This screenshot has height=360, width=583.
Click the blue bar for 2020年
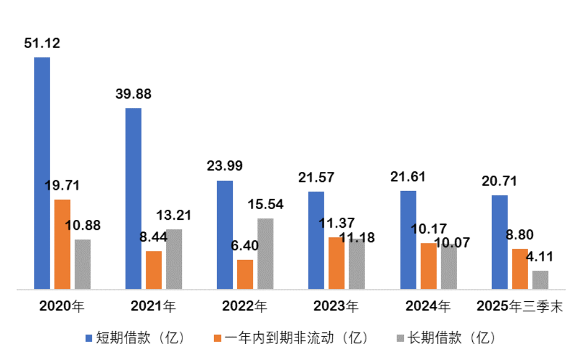click(42, 173)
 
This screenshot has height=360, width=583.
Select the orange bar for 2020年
click(62, 244)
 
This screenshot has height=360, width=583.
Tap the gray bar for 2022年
click(266, 254)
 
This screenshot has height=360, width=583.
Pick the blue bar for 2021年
click(133, 198)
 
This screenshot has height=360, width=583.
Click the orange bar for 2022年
click(245, 274)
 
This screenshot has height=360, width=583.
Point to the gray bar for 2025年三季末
click(540, 280)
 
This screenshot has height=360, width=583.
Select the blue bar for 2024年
click(408, 240)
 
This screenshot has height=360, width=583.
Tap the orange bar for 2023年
click(337, 263)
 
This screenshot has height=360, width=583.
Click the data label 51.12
click(42, 44)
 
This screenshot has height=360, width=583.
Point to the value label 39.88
click(133, 94)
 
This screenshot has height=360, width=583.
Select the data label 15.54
click(266, 205)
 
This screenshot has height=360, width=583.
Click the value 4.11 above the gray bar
click(540, 256)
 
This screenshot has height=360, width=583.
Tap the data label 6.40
click(245, 246)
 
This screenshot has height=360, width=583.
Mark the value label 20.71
click(499, 181)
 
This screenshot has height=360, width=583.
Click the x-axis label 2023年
click(336, 307)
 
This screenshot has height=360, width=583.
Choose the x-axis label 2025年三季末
click(520, 307)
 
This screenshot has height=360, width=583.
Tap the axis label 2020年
click(62, 307)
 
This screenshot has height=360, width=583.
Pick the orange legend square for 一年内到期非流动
click(217, 338)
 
